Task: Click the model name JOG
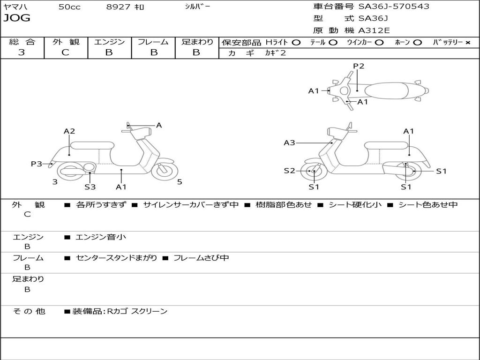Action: click(16, 18)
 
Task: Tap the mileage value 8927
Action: click(118, 7)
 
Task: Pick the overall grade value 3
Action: click(22, 52)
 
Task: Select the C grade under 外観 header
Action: click(65, 52)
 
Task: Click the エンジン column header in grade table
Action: click(109, 42)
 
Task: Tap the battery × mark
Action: click(468, 42)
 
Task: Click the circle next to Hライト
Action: click(296, 42)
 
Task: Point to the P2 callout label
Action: click(359, 66)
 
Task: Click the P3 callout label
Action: click(37, 164)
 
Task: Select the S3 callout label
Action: click(90, 187)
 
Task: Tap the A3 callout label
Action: click(289, 142)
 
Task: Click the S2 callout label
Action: click(289, 171)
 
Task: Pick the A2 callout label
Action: click(69, 131)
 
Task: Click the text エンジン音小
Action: click(101, 237)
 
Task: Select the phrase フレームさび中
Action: click(201, 258)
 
